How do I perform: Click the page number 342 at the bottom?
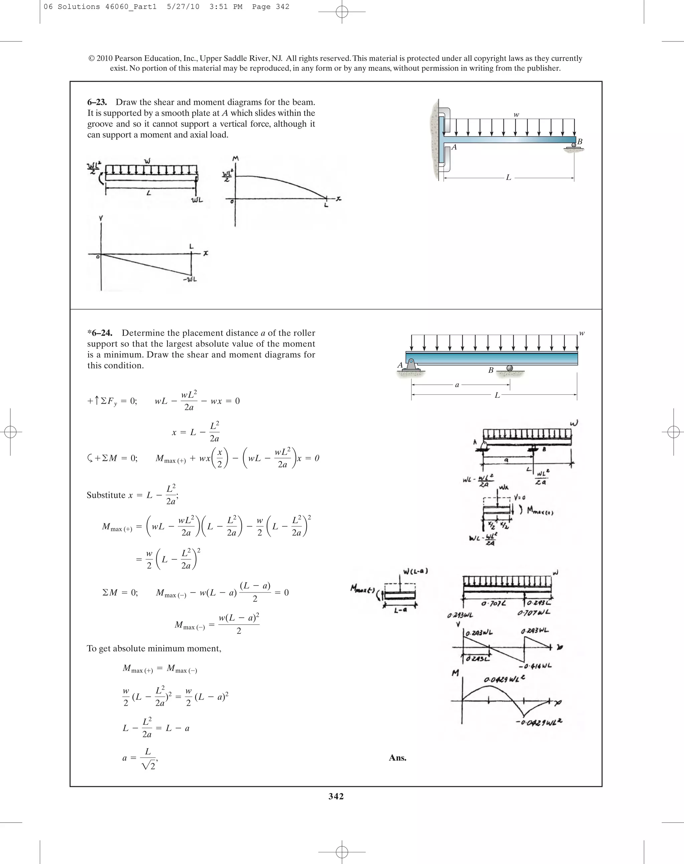click(x=336, y=796)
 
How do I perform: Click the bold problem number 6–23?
click(x=97, y=102)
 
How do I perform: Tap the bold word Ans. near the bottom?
click(x=397, y=758)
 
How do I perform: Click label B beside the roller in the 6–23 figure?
click(x=579, y=142)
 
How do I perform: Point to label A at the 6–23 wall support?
click(x=454, y=147)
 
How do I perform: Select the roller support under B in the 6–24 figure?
click(x=509, y=368)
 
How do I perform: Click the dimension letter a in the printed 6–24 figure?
click(x=457, y=385)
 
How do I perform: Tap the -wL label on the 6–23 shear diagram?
click(x=190, y=279)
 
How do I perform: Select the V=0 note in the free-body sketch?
click(x=519, y=498)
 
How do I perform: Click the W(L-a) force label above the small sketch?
click(x=415, y=571)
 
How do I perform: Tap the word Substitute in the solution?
click(x=106, y=495)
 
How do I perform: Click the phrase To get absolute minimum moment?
click(x=154, y=648)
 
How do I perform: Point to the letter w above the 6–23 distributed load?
click(x=516, y=114)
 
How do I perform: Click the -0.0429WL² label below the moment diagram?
click(x=538, y=722)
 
